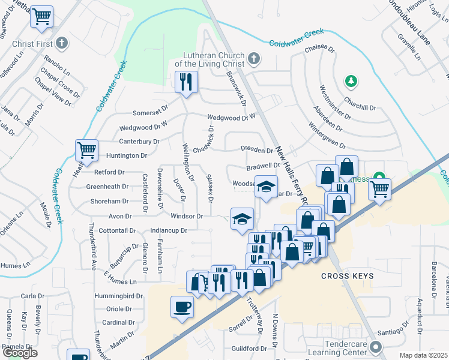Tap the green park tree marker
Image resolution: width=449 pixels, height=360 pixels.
tap(351, 80)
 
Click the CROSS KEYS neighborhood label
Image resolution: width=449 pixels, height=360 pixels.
tap(347, 276)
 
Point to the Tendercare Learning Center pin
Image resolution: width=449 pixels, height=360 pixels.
tap(376, 347)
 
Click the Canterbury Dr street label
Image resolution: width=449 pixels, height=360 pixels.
tap(139, 142)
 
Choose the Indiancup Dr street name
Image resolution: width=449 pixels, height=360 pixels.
tap(169, 230)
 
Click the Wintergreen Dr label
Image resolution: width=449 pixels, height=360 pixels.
tap(327, 137)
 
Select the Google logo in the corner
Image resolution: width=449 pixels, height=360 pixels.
tap(20, 353)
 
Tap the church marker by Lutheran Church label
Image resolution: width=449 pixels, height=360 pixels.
tap(254, 59)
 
